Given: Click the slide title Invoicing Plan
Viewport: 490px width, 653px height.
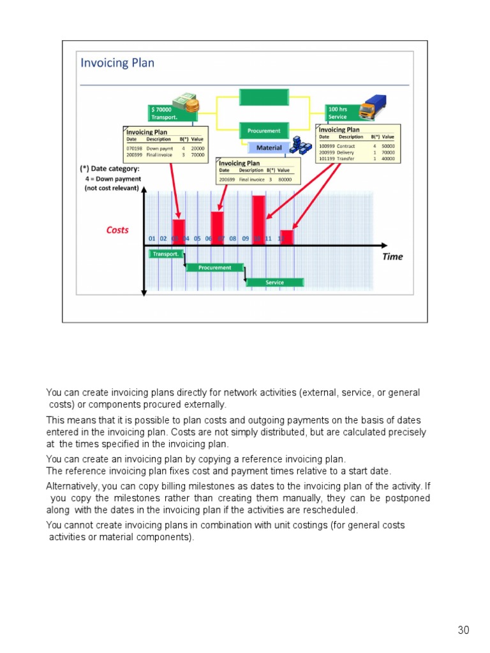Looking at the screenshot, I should click(117, 63).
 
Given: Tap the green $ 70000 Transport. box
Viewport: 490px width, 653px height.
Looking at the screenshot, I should click(165, 113).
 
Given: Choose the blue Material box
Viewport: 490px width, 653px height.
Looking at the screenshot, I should click(269, 148).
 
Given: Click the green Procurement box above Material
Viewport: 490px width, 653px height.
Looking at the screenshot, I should click(264, 131).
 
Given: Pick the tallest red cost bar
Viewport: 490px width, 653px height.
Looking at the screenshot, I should click(258, 219).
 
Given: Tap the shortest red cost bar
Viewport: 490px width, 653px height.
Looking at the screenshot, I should click(287, 237).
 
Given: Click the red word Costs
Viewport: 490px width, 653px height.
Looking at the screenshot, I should click(117, 230).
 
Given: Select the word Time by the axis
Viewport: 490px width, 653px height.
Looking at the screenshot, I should click(392, 256).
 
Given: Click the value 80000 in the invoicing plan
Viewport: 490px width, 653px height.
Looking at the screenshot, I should click(285, 180).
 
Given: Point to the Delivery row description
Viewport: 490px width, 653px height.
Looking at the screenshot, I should click(345, 152).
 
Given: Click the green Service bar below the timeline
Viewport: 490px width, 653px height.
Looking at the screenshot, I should click(275, 282).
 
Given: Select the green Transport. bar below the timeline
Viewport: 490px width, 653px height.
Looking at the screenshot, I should click(165, 254).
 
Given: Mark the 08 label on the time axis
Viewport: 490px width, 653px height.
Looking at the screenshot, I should click(233, 238).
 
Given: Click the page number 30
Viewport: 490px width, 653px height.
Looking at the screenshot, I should click(463, 631).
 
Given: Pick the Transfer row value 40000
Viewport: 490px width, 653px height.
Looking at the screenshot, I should click(388, 159).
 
